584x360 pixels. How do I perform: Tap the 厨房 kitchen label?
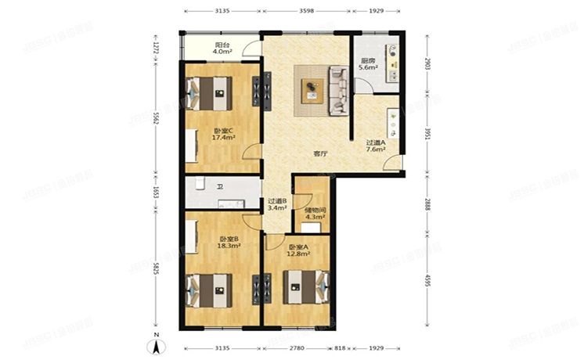(x=368, y=59)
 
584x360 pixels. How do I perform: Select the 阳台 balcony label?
(x=222, y=45)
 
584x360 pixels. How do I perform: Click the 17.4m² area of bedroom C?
(x=224, y=138)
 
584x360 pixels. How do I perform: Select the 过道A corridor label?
(x=375, y=142)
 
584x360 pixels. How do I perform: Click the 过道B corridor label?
(x=277, y=201)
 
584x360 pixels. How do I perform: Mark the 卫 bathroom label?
(x=221, y=187)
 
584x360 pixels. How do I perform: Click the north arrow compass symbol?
(x=157, y=343)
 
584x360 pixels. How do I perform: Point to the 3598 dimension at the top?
(x=306, y=12)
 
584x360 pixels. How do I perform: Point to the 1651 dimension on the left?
(x=156, y=192)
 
